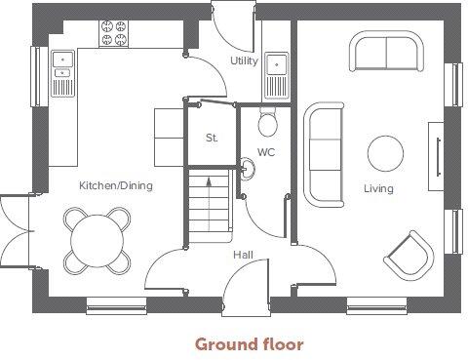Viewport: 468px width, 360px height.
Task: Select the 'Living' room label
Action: click(x=378, y=188)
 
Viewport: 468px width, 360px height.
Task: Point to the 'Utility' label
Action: click(x=243, y=61)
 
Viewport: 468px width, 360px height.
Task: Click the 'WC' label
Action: click(x=266, y=151)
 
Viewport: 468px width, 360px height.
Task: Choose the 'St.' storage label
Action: click(x=211, y=138)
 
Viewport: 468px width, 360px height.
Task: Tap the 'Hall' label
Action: click(x=244, y=256)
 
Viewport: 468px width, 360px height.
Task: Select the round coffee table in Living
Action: click(x=386, y=153)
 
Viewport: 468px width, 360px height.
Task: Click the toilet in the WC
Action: click(x=268, y=123)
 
